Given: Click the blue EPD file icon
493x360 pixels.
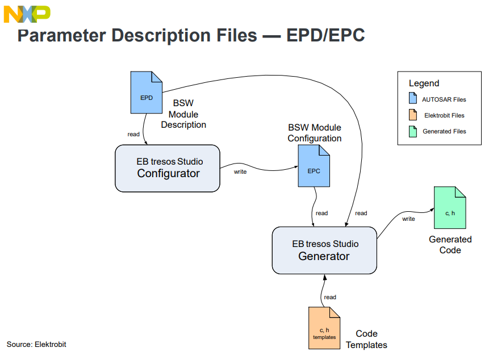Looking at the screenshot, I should click(x=146, y=92).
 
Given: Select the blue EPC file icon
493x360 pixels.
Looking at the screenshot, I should click(x=314, y=166).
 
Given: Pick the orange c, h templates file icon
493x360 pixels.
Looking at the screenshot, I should click(x=324, y=328).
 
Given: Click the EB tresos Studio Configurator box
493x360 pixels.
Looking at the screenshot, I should click(x=168, y=168).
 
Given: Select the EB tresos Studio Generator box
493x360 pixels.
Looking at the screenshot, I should click(x=324, y=250).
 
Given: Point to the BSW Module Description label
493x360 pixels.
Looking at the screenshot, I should click(x=183, y=114).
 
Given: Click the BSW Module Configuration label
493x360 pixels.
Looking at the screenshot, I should click(x=315, y=133).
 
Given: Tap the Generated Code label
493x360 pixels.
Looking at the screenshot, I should click(x=450, y=245).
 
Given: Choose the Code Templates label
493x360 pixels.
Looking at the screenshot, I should click(x=366, y=339).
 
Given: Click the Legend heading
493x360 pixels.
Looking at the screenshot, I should click(x=424, y=83).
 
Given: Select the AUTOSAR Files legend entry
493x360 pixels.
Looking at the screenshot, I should click(x=444, y=99).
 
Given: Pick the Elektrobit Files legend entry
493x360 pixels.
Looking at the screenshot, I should click(x=444, y=115).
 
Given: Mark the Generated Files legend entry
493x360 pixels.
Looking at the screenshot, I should click(x=444, y=131).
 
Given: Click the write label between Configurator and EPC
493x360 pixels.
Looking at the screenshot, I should click(x=240, y=171).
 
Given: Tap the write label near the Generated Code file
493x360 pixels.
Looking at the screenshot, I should click(x=408, y=219).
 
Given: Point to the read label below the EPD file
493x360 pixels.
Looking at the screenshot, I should click(x=133, y=134).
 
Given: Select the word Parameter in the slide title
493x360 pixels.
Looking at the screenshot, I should click(x=61, y=35).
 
